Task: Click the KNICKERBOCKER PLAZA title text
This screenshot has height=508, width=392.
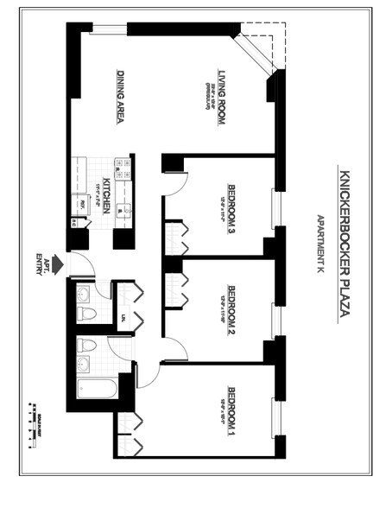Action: click(344, 243)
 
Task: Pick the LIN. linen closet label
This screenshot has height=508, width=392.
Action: click(123, 318)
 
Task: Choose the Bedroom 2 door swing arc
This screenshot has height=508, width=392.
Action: click(175, 349)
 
